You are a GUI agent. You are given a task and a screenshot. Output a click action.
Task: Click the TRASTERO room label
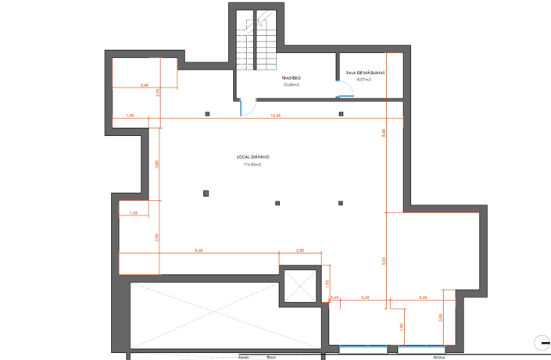(x=292, y=79)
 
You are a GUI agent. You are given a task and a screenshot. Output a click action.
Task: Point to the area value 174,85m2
(x=252, y=165)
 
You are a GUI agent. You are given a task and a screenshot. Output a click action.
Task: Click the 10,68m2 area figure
(x=292, y=85)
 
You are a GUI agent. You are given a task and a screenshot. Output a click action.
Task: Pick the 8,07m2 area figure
(x=364, y=80)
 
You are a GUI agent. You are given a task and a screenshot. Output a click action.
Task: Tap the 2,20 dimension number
(x=300, y=251)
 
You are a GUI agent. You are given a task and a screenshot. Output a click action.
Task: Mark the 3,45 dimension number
(x=423, y=298)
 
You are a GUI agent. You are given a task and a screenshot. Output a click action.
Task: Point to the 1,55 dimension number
(x=134, y=213)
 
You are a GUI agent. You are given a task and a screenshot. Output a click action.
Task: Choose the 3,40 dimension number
(x=145, y=84)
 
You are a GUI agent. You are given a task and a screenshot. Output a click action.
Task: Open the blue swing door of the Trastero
(x=245, y=108)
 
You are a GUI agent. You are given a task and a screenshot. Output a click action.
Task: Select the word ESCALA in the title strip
(x=439, y=356)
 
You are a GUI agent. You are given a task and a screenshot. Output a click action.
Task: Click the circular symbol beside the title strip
(x=541, y=341)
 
